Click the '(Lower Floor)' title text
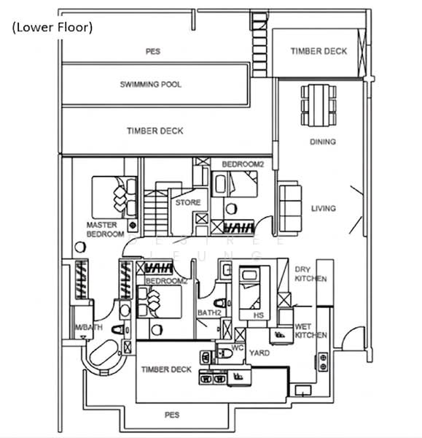click(x=51, y=28)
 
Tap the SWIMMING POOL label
click(x=151, y=85)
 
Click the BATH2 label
click(x=209, y=313)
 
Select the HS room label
click(x=257, y=315)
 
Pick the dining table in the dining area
click(x=319, y=105)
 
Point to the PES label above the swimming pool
click(x=152, y=52)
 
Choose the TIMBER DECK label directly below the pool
click(x=155, y=131)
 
